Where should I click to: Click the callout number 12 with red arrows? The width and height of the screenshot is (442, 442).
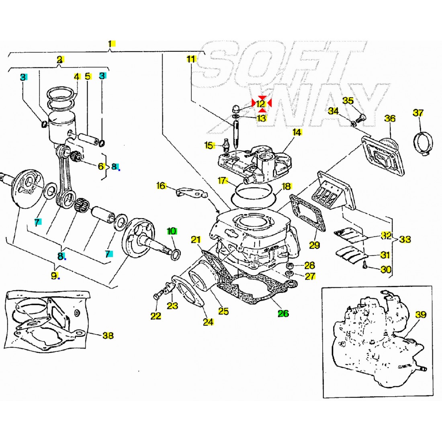pos(261,104)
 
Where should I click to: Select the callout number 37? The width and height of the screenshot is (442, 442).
pos(418,113)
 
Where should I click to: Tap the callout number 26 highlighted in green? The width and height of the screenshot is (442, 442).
pos(283,313)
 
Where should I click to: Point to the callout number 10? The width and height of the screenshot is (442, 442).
pos(172,231)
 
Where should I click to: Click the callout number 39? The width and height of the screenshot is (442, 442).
pos(420,315)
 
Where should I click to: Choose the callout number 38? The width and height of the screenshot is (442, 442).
pos(108,335)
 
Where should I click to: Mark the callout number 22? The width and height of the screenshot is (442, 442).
pos(156,316)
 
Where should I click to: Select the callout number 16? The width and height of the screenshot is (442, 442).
pos(161,186)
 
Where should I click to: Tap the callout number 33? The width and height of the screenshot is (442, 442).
pos(405,239)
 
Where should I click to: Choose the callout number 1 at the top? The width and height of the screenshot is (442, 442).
pos(110,44)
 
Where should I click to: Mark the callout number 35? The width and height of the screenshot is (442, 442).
pos(348,100)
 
